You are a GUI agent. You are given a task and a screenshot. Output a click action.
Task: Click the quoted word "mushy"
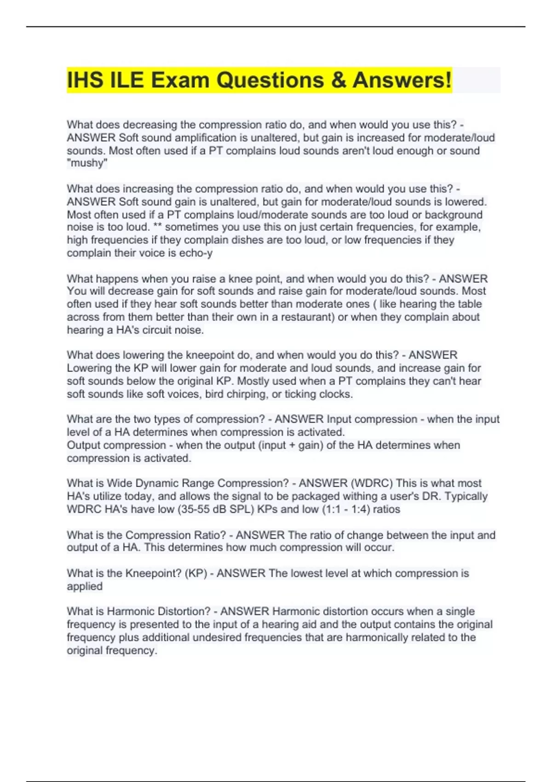pyautogui.click(x=87, y=163)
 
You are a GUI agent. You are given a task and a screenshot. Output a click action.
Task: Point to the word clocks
pyautogui.click(x=336, y=394)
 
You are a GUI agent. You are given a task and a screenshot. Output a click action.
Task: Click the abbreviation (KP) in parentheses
pyautogui.click(x=195, y=573)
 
